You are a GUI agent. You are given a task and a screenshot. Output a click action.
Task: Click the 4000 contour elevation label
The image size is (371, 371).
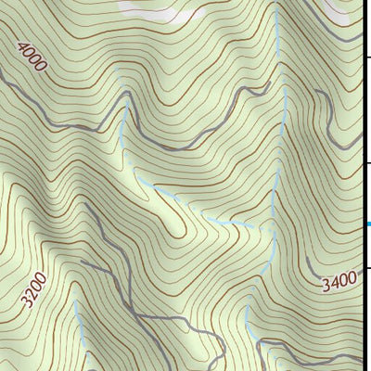32,57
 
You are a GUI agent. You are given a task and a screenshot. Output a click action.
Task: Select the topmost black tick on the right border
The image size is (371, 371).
366,58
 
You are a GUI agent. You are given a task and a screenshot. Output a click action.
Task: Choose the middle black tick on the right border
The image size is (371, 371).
366,163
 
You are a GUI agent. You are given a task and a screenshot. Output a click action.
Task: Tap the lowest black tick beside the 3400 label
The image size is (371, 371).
366,268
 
